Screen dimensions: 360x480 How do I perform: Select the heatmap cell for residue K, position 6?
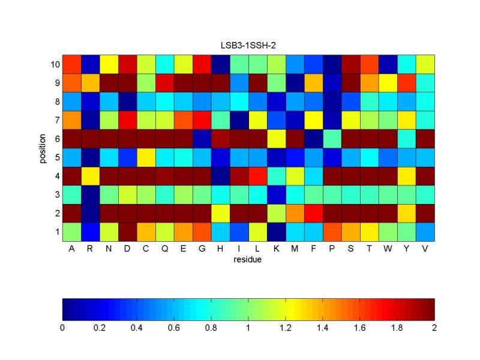tap(276, 139)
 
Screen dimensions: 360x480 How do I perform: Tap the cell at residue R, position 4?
tap(90, 176)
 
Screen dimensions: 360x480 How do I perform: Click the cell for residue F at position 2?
tap(313, 213)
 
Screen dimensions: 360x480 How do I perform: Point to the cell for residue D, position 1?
tap(127, 232)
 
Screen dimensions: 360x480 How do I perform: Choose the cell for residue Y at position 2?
tap(406, 213)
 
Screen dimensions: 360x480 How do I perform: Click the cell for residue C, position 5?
tap(146, 157)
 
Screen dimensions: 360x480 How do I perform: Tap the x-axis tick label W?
tap(388, 250)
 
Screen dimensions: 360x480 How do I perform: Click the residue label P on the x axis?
tap(332, 250)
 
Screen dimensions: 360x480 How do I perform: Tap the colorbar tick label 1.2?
tap(286, 328)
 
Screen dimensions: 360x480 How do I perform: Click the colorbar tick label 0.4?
tap(137, 328)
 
